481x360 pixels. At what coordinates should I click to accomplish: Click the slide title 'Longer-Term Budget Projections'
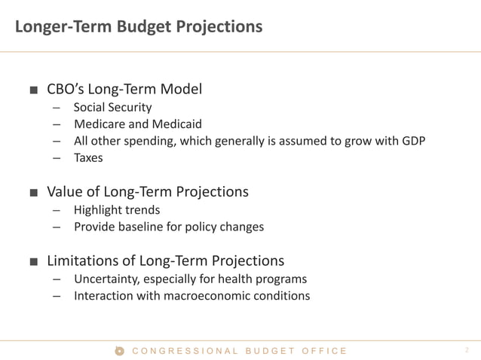pos(139,27)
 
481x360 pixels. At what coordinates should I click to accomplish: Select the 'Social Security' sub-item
pos(112,108)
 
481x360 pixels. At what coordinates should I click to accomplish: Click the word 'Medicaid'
pos(178,124)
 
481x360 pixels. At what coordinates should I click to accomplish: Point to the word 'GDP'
pos(412,141)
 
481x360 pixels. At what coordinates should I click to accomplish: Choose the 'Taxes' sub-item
pos(88,157)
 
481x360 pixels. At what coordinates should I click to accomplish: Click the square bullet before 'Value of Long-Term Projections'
pos(33,193)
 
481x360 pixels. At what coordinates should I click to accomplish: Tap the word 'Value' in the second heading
pos(66,192)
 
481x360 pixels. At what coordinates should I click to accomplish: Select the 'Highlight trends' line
pos(117,210)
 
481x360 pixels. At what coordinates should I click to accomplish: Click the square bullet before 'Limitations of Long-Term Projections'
pos(33,262)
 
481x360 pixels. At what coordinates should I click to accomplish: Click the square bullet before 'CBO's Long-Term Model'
pos(33,90)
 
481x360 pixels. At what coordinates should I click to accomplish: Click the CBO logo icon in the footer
pos(119,350)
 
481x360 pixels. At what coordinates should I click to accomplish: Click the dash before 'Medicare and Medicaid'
pos(57,124)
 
